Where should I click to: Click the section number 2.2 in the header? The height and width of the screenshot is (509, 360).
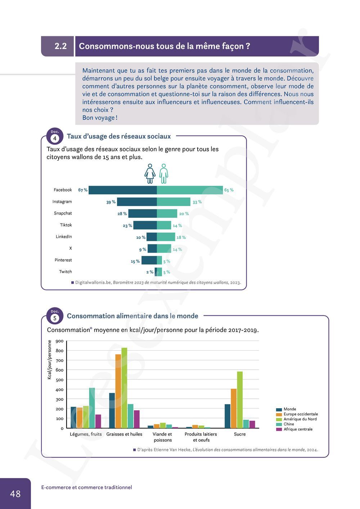(60, 46)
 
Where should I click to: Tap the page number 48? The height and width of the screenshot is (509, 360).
(15, 494)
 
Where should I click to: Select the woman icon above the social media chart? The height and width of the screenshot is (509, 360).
(150, 174)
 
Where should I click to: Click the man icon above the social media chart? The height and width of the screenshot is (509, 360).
(164, 174)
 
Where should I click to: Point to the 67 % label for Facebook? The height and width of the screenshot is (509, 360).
(83, 190)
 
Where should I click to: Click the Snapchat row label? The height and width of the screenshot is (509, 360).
(63, 213)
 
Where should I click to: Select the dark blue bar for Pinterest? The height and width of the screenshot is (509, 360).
(149, 260)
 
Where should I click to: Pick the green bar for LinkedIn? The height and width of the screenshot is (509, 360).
(166, 237)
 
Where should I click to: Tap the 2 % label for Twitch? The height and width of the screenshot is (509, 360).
(150, 272)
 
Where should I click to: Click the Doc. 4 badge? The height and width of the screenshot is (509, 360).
(55, 136)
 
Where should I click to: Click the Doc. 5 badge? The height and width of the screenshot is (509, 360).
(55, 316)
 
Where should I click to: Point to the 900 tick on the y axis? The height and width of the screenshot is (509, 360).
(60, 341)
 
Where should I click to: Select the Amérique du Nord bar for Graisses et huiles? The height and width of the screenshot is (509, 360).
(124, 388)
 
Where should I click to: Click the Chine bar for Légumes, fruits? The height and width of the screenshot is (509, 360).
(92, 408)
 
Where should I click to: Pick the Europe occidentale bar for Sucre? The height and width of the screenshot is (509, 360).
(234, 409)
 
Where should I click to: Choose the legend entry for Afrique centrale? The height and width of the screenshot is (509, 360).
(298, 429)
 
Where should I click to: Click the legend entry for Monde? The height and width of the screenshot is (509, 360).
(289, 409)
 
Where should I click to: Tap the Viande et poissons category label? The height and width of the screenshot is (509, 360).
(162, 437)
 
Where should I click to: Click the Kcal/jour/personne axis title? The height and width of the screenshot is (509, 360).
(50, 360)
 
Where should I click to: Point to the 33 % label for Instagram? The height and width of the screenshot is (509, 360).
(197, 202)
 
